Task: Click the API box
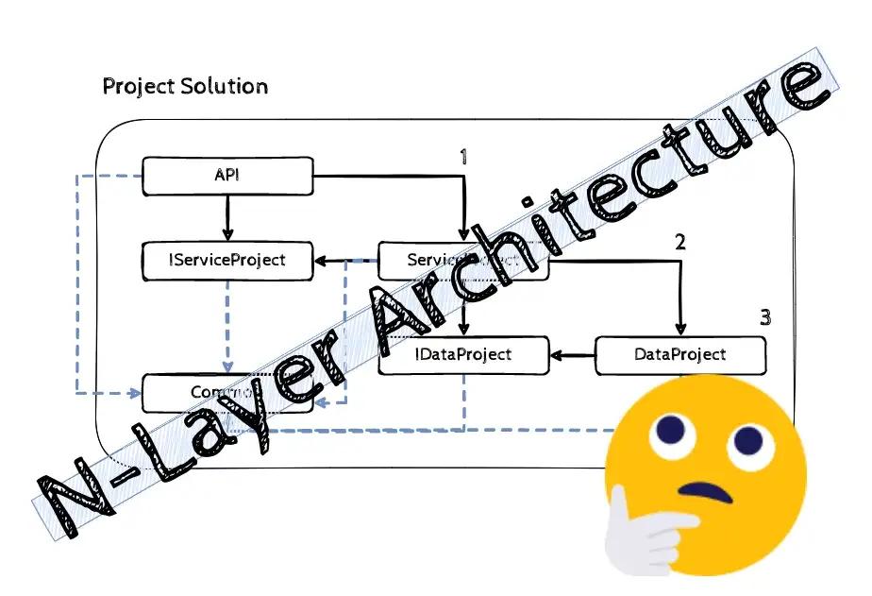coord(226,176)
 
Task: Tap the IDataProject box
coord(463,355)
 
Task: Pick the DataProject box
coord(679,355)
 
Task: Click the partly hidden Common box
coord(203,393)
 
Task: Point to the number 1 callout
coord(463,156)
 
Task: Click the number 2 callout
coord(679,241)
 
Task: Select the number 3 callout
coord(765,317)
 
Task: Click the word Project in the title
coord(134,87)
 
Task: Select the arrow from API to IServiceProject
coord(226,218)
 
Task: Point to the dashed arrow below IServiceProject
coord(226,326)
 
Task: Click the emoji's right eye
coord(746,438)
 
